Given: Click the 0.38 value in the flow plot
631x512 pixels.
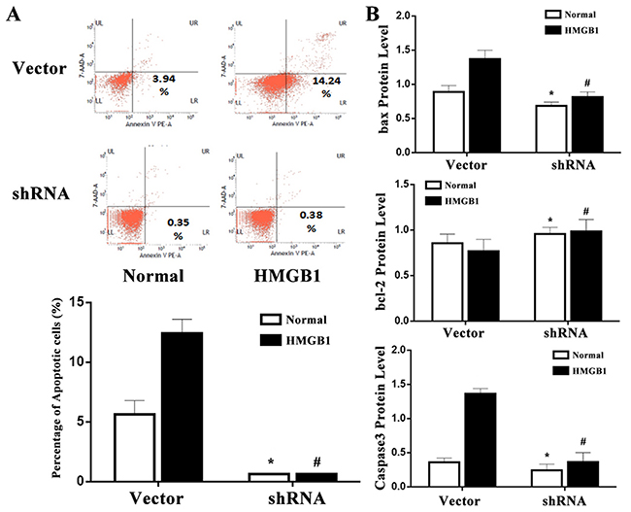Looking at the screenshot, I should [284, 222].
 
